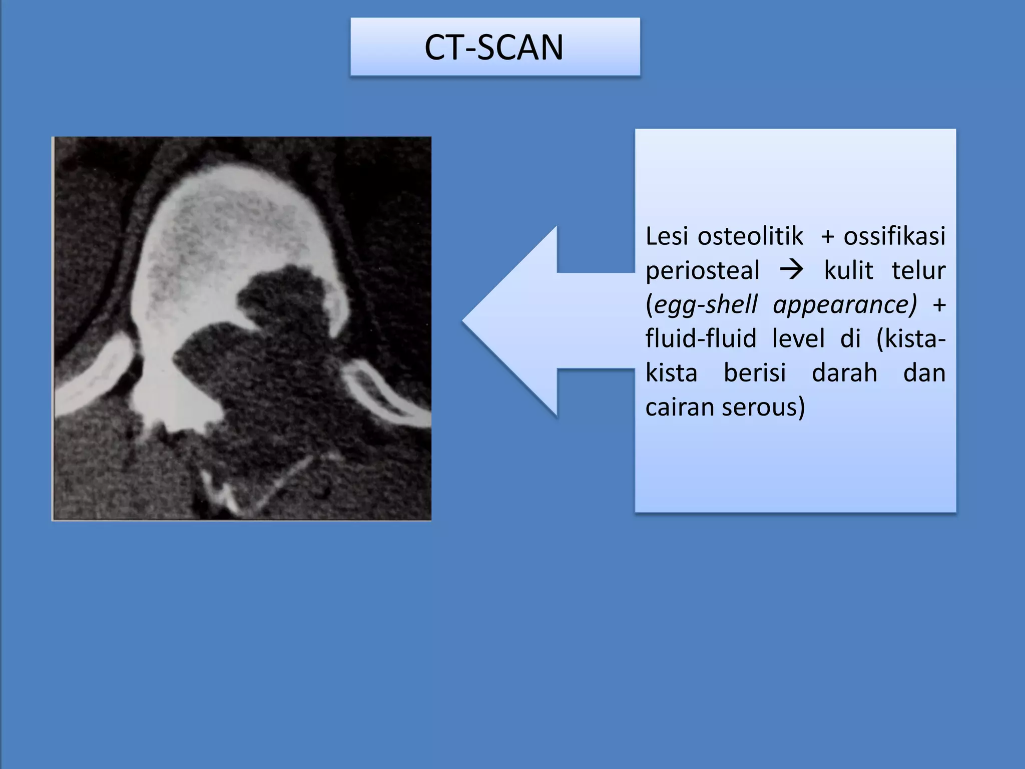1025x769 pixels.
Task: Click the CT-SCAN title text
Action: [x=494, y=48]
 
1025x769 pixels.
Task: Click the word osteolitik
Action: [x=750, y=236]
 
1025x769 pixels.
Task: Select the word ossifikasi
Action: [x=894, y=236]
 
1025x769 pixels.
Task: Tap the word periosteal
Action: [x=702, y=271]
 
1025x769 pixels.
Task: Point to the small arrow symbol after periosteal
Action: [x=791, y=270]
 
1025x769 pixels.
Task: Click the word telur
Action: [x=918, y=270]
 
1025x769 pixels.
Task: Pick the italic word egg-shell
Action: [x=706, y=305]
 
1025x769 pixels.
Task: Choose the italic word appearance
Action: [x=844, y=305]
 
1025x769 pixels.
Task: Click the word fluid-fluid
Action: [x=701, y=338]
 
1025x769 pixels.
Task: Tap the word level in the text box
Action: [x=798, y=338]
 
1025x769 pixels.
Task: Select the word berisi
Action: [x=755, y=373]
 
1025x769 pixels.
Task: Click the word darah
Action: [x=844, y=373]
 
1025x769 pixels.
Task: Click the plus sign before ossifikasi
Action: [x=828, y=236]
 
